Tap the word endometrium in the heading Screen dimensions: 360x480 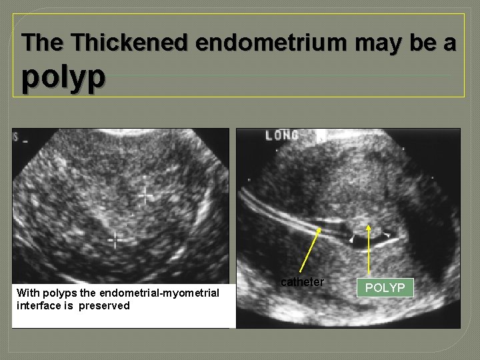tap(271, 43)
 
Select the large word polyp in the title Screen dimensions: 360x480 tap(63, 76)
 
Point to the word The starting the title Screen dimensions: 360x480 tap(43, 43)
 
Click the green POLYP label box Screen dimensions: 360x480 tap(385, 288)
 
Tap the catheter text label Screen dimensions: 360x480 tap(302, 282)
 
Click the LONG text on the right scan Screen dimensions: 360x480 tap(282, 136)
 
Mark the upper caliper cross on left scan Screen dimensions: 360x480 tap(145, 195)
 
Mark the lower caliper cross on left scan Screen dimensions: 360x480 tap(115, 239)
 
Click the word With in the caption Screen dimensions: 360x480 tap(27, 293)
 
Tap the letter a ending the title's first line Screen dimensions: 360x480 tap(450, 43)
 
